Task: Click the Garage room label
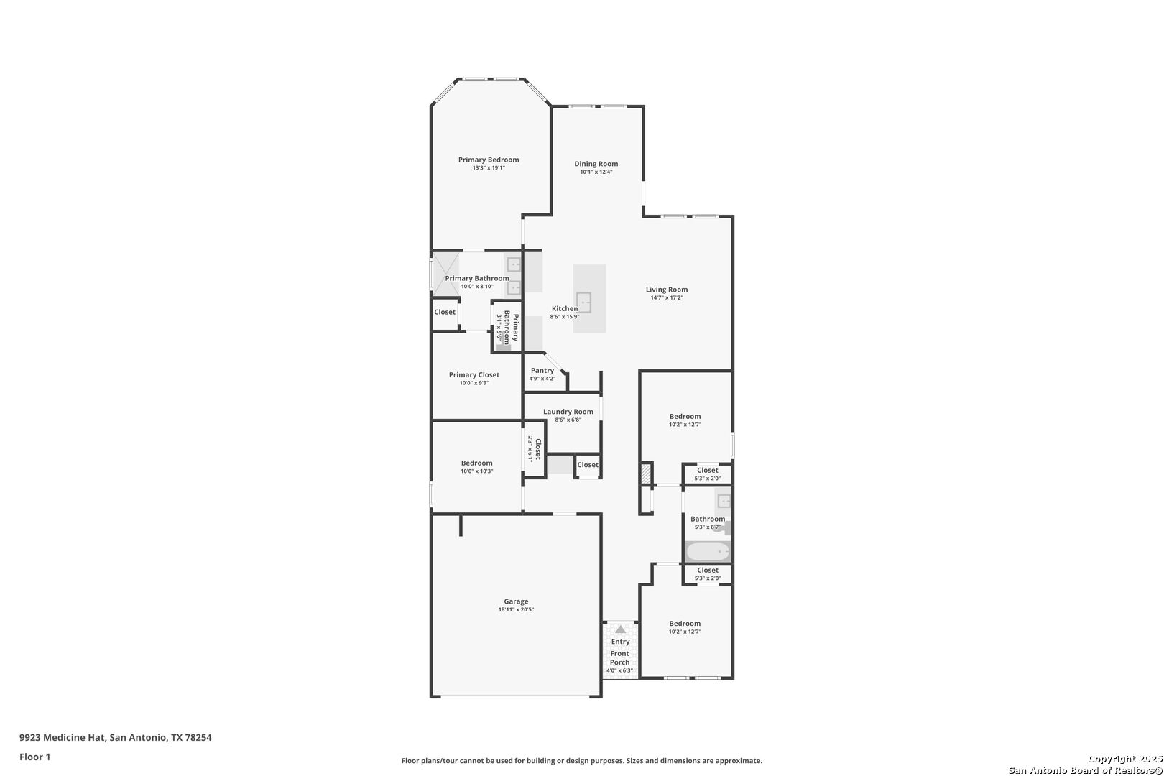click(x=515, y=601)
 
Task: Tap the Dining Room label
click(x=596, y=164)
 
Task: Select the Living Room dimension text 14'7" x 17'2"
click(x=667, y=297)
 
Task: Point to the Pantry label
click(x=542, y=371)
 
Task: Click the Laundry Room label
click(x=568, y=412)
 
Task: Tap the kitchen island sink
click(x=584, y=302)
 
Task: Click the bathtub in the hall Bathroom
click(x=708, y=551)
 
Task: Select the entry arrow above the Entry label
click(x=621, y=629)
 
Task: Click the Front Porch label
click(x=619, y=658)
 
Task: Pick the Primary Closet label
click(x=474, y=375)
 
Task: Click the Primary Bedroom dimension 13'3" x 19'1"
click(x=489, y=168)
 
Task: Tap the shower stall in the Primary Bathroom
click(x=446, y=274)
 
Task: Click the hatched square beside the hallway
click(x=645, y=474)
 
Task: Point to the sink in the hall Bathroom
click(x=724, y=501)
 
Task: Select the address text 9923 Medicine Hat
click(x=63, y=737)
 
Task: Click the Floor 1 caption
click(x=34, y=757)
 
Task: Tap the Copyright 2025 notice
click(x=1125, y=759)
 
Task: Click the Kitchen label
click(x=564, y=309)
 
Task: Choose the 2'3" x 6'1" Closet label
click(x=534, y=448)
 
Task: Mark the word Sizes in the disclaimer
click(x=636, y=760)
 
